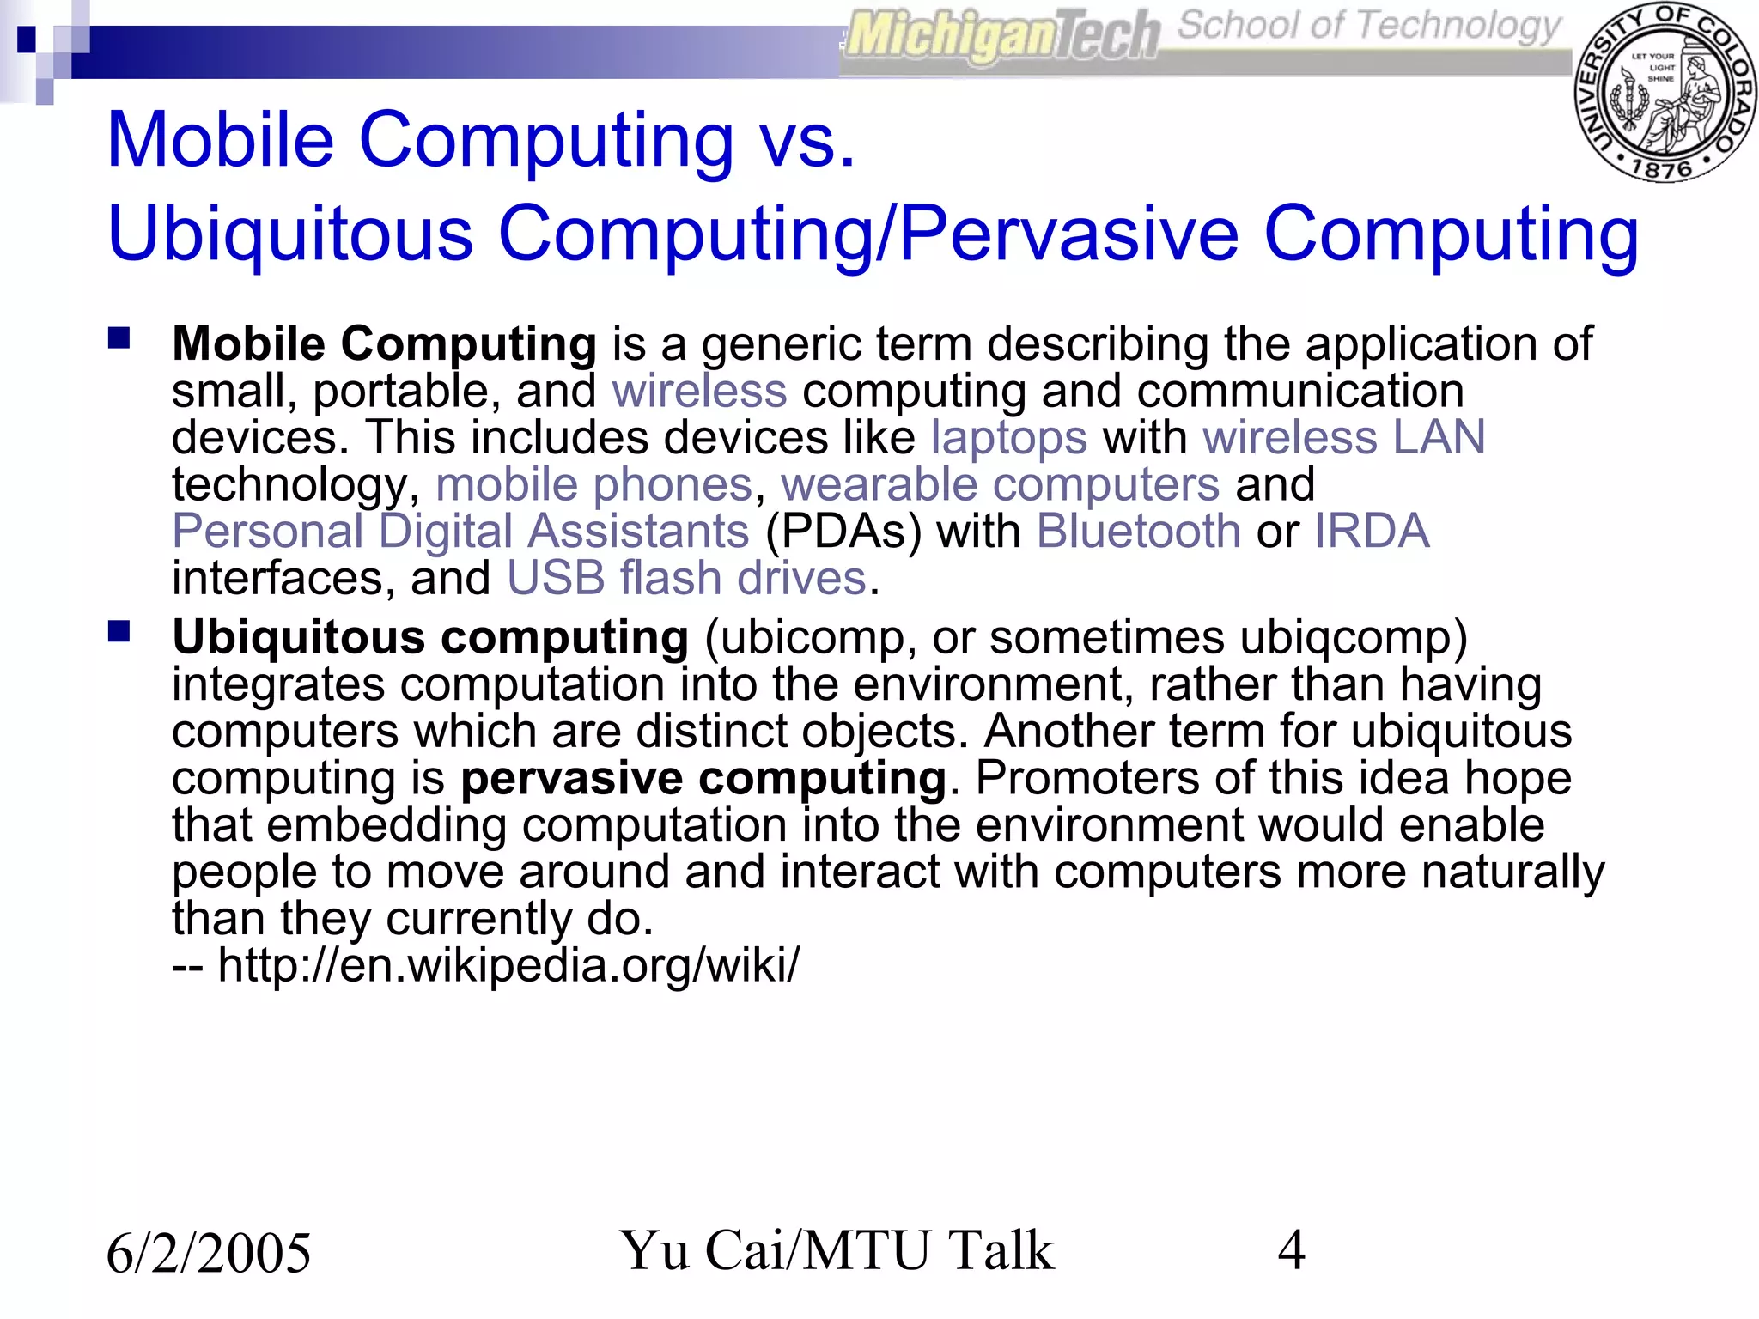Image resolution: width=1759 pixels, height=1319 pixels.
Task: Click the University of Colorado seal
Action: [1665, 92]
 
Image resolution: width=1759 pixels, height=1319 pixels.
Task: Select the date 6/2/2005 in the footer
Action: [209, 1252]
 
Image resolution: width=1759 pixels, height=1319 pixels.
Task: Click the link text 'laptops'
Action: [1009, 438]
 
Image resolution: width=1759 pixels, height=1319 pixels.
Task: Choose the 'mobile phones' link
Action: [593, 484]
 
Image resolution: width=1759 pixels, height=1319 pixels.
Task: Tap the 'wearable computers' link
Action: [1000, 484]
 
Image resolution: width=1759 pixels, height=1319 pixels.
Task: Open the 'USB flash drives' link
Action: [686, 578]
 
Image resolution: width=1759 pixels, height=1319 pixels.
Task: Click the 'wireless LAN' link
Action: [1343, 438]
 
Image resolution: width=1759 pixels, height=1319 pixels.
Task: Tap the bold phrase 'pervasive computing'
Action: [703, 778]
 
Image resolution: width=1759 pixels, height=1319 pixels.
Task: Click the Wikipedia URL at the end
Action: [508, 965]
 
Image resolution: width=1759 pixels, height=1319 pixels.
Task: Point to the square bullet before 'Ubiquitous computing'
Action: [119, 632]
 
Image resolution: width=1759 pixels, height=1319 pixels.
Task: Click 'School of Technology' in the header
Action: [1367, 26]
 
